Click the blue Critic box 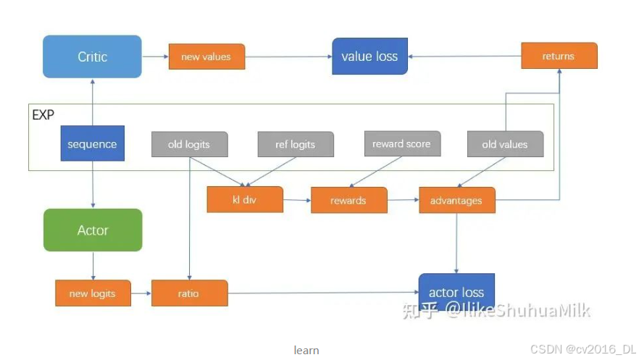click(92, 56)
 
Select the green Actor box click(93, 230)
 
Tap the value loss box click(369, 56)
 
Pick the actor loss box click(456, 292)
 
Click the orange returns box click(559, 56)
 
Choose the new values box click(206, 56)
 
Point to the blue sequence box click(92, 143)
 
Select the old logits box click(189, 144)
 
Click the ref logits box click(296, 144)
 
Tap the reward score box click(401, 143)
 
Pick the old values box click(505, 144)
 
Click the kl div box click(245, 200)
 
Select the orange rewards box click(348, 200)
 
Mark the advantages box click(456, 200)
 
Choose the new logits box click(93, 293)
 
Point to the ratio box click(189, 293)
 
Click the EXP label click(43, 114)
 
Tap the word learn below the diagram click(306, 350)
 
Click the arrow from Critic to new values click(155, 56)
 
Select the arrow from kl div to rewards click(296, 199)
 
